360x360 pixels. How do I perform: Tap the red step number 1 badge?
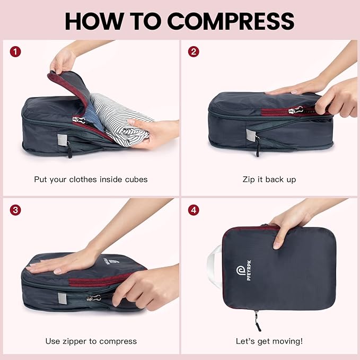click(x=16, y=52)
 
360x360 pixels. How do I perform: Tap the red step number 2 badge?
click(x=194, y=52)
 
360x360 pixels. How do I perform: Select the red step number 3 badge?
click(x=16, y=209)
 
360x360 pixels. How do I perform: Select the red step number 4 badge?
click(x=194, y=209)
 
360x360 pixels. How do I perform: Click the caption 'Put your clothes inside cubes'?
click(x=91, y=179)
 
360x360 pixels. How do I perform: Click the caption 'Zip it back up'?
click(x=269, y=179)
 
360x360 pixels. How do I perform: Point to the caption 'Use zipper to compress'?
click(x=91, y=341)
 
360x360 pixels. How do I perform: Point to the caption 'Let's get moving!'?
click(x=269, y=341)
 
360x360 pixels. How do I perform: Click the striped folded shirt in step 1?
click(x=119, y=114)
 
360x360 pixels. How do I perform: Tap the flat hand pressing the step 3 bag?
click(x=64, y=263)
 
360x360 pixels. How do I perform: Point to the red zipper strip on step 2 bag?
click(x=281, y=110)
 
